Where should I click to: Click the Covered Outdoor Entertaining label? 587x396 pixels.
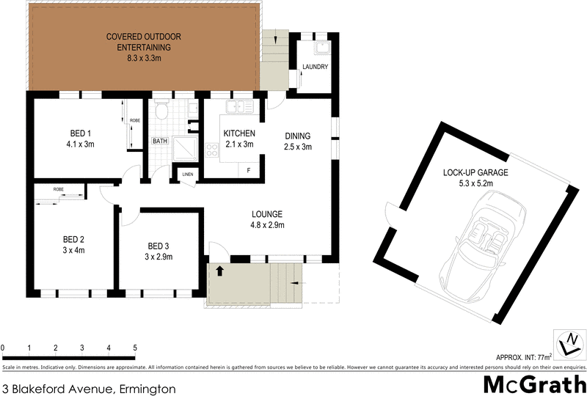(x=143, y=46)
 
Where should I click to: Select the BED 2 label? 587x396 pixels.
(x=73, y=245)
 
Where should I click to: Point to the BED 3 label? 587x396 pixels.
(x=158, y=251)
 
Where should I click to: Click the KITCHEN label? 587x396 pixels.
(x=239, y=139)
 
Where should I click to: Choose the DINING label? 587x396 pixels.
(x=297, y=141)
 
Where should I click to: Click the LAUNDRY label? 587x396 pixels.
(x=315, y=67)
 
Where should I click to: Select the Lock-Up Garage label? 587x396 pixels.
(x=475, y=178)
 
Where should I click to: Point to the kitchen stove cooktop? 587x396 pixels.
(x=212, y=150)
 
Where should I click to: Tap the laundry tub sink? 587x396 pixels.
(x=321, y=49)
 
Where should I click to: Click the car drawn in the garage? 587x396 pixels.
(x=484, y=241)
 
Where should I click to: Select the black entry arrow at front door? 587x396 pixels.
(x=219, y=271)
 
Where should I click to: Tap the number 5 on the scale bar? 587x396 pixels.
(x=135, y=347)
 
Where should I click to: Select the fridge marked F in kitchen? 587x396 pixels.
(x=248, y=170)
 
